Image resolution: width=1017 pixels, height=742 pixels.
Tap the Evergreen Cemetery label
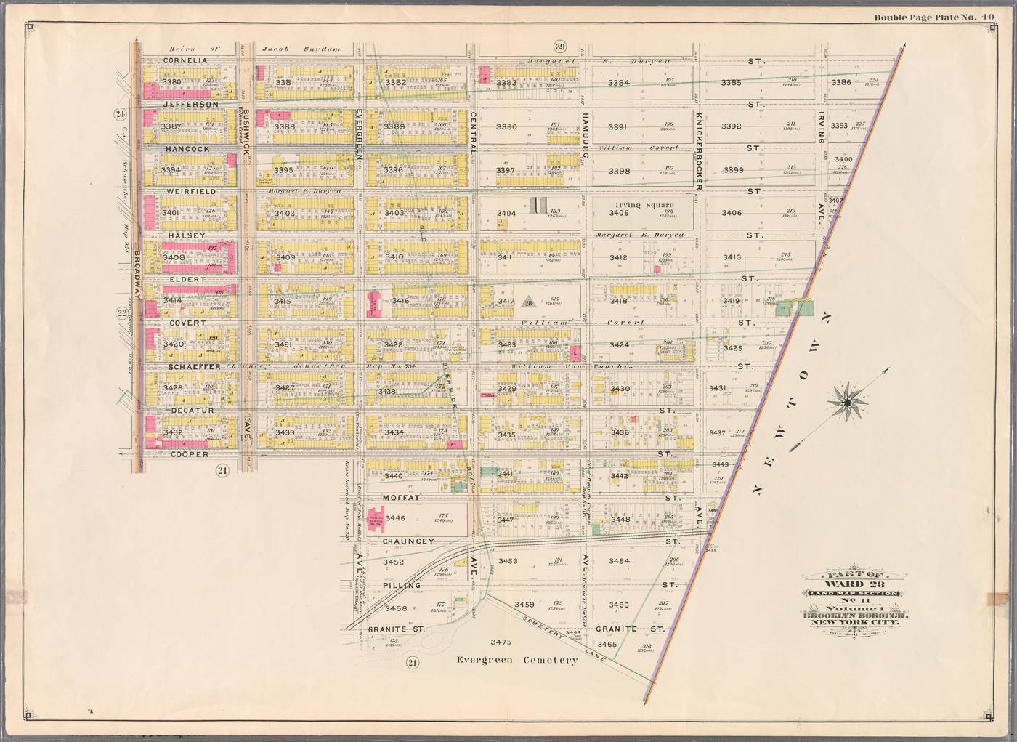pyautogui.click(x=517, y=660)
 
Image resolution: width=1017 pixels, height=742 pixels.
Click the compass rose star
pyautogui.click(x=848, y=401)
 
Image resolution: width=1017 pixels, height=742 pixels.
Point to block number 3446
pyautogui.click(x=395, y=518)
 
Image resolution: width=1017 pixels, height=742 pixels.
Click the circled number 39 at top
pyautogui.click(x=559, y=45)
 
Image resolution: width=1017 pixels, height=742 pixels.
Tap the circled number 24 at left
pyautogui.click(x=121, y=113)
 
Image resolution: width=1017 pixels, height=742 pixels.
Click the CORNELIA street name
pyautogui.click(x=185, y=60)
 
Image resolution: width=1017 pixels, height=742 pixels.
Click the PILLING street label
pyautogui.click(x=402, y=585)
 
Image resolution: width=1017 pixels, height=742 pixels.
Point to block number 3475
pyautogui.click(x=501, y=642)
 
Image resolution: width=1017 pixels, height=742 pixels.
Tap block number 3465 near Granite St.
pyautogui.click(x=607, y=645)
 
